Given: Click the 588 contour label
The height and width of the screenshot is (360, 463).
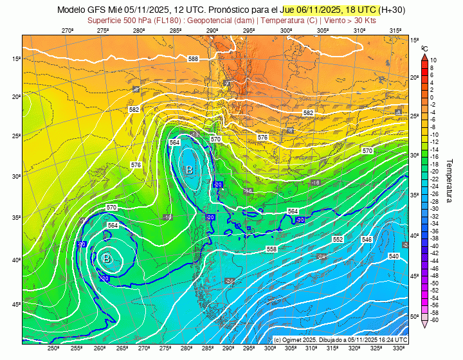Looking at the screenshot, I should [193, 59].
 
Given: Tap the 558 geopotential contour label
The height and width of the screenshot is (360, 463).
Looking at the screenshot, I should [271, 249].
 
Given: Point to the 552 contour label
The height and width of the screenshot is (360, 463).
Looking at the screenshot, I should [337, 239].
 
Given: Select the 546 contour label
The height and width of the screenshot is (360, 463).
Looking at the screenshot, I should [367, 239].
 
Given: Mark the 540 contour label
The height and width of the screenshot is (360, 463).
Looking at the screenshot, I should [394, 256].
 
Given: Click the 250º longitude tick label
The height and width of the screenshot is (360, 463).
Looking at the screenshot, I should [53, 348].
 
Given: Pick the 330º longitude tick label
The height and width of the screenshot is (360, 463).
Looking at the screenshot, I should [398, 348].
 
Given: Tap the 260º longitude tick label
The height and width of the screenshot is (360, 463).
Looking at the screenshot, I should [99, 348].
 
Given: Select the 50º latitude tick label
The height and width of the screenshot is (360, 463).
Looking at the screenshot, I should [415, 316].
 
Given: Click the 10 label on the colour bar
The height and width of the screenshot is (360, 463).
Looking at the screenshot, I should [433, 60].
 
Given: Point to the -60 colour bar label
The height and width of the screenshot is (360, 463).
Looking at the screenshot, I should [434, 320].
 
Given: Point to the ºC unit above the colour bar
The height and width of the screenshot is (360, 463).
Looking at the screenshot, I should [424, 48].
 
